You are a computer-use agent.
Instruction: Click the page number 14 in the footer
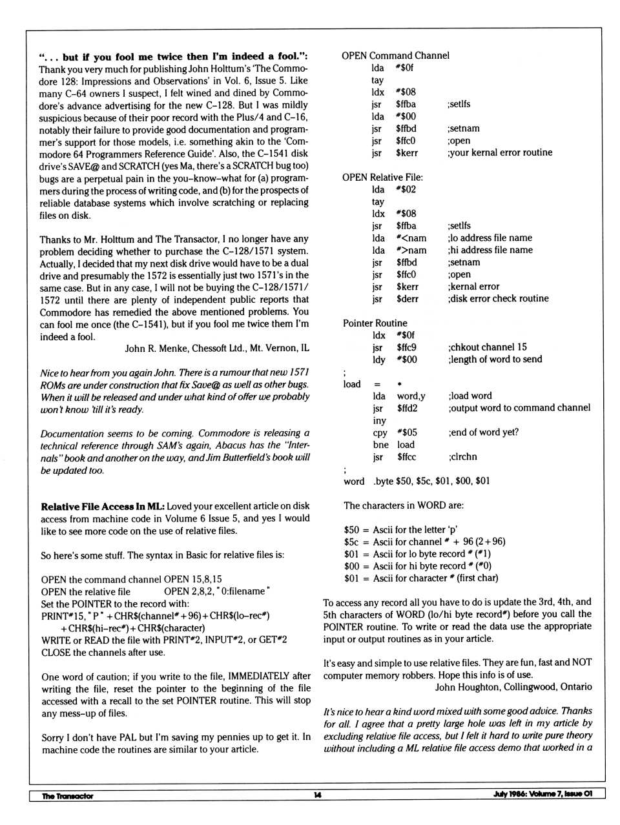317,795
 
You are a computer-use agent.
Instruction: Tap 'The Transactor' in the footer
67,796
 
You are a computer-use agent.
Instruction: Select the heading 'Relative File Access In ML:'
103,506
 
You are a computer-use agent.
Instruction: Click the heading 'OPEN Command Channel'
395,56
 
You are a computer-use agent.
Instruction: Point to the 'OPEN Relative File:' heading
382,177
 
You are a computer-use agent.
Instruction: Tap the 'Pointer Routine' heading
375,323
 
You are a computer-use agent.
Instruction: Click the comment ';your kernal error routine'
499,153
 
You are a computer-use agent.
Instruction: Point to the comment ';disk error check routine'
498,299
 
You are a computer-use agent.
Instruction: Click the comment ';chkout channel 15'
487,347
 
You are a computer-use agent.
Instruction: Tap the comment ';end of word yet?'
483,433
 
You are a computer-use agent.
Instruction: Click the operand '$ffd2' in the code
407,408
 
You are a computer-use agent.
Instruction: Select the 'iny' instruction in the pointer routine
379,420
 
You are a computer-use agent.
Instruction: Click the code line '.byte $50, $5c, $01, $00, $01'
431,481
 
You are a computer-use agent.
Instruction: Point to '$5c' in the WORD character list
351,542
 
